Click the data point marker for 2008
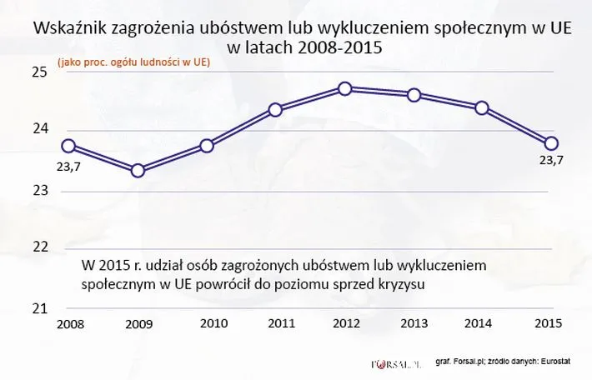(x=69, y=146)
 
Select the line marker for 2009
(x=138, y=171)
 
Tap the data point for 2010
(x=208, y=146)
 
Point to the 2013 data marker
(x=414, y=94)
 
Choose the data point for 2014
(x=481, y=107)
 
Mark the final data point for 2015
(x=551, y=142)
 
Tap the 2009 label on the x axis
(x=138, y=325)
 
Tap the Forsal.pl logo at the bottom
(x=394, y=363)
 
